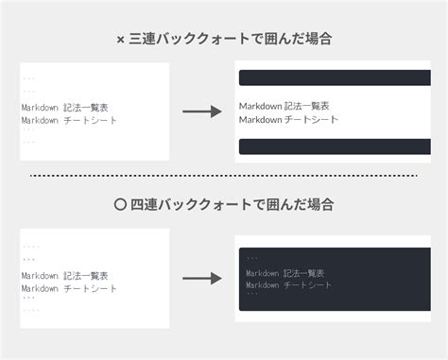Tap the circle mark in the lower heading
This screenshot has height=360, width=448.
coord(120,203)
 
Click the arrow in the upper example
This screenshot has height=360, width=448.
coord(201,112)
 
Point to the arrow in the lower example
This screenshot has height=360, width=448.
coord(201,279)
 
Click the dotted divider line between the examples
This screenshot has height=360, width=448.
coord(223,176)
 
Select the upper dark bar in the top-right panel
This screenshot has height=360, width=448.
coord(335,78)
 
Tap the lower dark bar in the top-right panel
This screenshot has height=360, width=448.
coord(335,146)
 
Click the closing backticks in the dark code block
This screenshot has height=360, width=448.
coord(251,296)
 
